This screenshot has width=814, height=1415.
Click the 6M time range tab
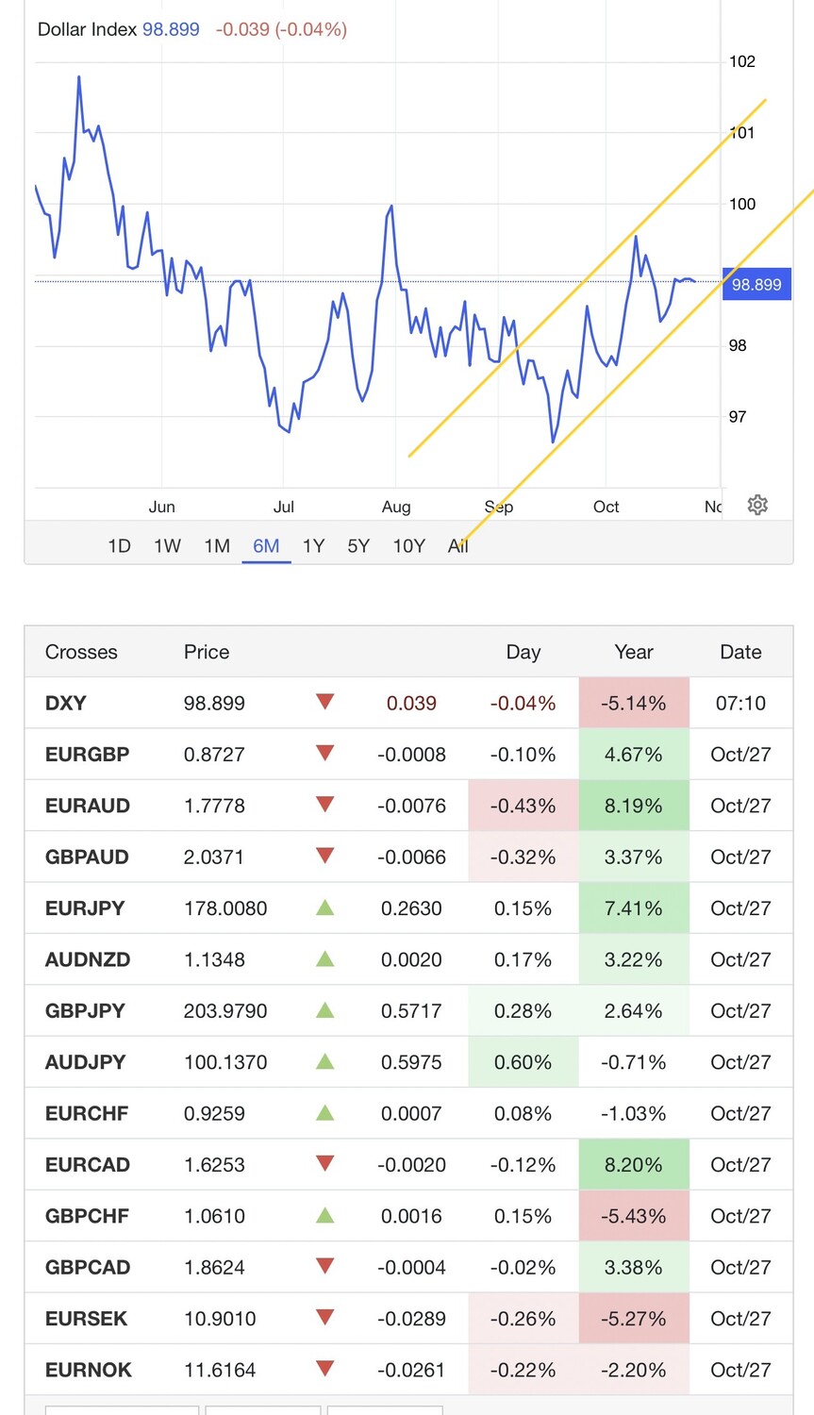click(266, 546)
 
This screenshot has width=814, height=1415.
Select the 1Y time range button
click(313, 546)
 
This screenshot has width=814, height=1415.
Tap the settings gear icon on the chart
click(757, 505)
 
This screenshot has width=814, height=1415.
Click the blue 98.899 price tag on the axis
click(756, 285)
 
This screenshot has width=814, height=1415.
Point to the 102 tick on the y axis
click(742, 62)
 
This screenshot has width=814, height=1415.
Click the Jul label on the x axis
click(283, 507)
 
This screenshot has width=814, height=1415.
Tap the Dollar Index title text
click(87, 29)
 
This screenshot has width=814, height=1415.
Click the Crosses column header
click(81, 652)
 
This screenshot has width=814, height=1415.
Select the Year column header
click(634, 652)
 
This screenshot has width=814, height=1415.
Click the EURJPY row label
click(85, 908)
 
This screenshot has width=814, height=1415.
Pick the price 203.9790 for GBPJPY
click(225, 1011)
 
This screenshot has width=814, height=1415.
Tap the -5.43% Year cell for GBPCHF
click(634, 1216)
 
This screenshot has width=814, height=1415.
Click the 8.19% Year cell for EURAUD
click(634, 806)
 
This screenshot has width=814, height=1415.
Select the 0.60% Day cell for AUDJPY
click(523, 1062)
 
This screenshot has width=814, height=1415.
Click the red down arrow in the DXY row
click(325, 702)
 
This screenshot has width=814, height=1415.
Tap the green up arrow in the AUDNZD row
click(325, 958)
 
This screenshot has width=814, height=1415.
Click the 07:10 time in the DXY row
click(740, 703)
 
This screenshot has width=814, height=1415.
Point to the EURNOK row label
click(89, 1370)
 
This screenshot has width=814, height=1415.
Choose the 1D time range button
click(119, 546)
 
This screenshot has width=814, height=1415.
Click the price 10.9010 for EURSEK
click(220, 1319)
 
